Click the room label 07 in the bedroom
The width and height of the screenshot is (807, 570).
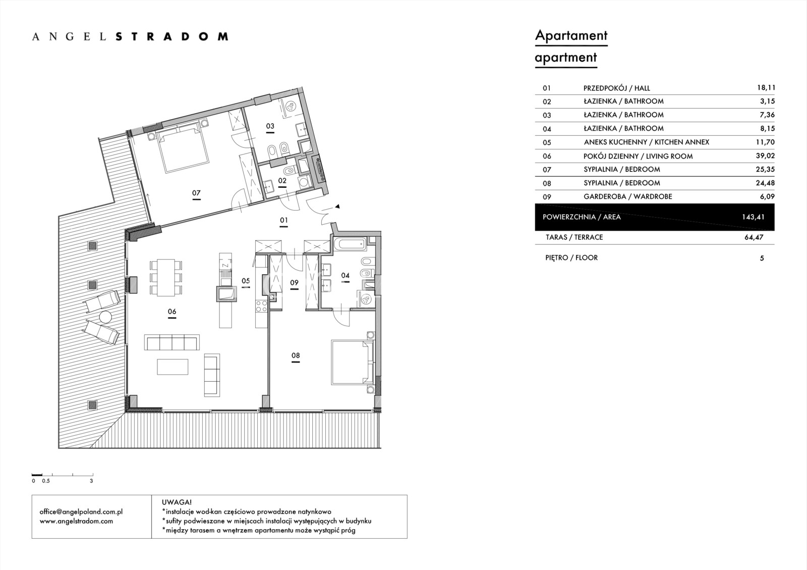[196, 193]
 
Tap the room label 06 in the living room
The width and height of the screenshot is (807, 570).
[172, 312]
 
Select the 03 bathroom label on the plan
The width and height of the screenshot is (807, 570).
[270, 126]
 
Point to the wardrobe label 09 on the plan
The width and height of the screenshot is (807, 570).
[295, 283]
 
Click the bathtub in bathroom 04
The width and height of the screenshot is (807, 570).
[350, 244]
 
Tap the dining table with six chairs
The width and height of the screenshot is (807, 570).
[166, 277]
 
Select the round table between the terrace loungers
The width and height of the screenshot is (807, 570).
[105, 317]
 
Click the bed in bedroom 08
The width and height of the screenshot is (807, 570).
[353, 362]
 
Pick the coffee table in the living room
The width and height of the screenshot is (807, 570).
[172, 367]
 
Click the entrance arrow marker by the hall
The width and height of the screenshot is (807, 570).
[337, 206]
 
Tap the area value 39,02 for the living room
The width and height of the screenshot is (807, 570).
[765, 156]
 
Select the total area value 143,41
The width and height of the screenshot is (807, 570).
[753, 217]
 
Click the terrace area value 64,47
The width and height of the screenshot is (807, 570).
[754, 237]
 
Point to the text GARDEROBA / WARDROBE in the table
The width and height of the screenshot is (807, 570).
[628, 196]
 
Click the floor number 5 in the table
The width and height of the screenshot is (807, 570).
[762, 258]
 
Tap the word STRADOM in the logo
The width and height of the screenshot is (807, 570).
[172, 36]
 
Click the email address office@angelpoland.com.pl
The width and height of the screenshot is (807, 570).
[81, 511]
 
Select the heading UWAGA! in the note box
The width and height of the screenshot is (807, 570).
[177, 502]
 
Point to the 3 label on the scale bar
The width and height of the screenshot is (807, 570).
[91, 481]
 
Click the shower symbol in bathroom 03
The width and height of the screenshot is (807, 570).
[291, 106]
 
